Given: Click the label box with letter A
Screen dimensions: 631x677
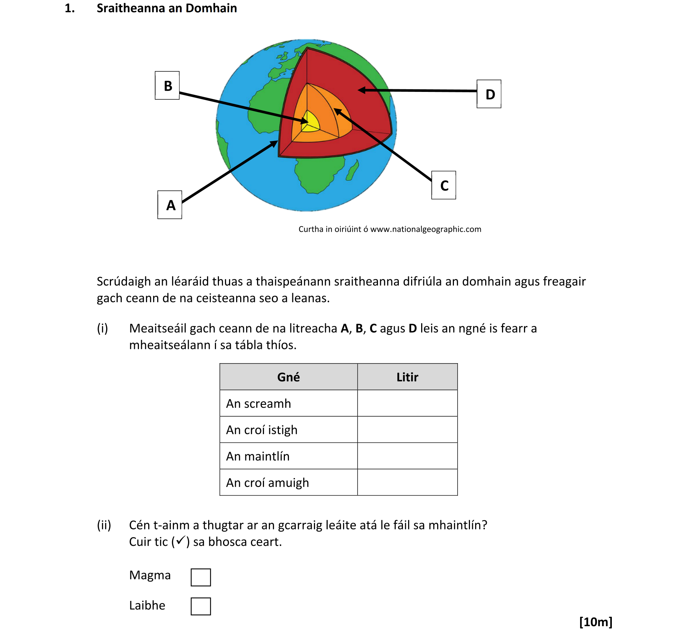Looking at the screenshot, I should point(169,205).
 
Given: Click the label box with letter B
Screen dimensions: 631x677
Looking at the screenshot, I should point(167,86).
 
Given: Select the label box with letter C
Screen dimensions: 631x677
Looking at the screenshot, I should point(444,185).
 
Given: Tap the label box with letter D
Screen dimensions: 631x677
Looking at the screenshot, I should point(489,94).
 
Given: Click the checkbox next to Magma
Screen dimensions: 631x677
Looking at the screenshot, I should point(201,577).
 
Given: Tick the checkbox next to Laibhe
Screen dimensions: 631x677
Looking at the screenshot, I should point(201,606).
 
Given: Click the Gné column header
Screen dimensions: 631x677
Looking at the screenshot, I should point(288,377).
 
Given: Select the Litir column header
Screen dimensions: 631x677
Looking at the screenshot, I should point(407,377).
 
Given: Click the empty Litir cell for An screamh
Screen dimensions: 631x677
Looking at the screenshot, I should point(407,403).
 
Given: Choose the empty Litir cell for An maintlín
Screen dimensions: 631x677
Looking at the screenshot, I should point(407,456).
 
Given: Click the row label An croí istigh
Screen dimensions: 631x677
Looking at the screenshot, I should point(261,430).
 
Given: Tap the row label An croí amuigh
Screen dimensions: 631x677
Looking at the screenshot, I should point(267,483).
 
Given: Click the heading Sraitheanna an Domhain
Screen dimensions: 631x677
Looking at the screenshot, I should point(166,8).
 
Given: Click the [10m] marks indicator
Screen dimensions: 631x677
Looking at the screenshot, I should point(595,622).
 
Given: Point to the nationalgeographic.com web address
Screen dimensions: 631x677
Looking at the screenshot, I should point(425,229).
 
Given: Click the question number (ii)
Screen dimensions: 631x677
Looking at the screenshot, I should point(104,525).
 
